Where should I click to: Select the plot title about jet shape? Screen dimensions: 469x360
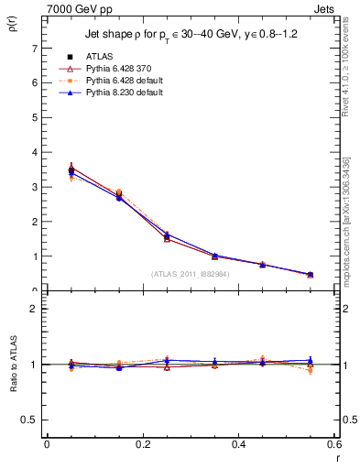coord(189,36)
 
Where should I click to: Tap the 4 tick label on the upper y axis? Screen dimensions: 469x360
coord(34,152)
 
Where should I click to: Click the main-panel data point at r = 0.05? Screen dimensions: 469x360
coord(71,170)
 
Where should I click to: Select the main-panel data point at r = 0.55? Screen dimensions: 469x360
coord(310,274)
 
